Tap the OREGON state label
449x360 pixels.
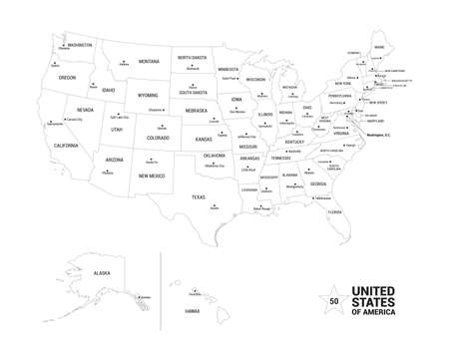click(x=67, y=77)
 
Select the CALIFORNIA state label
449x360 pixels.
click(x=66, y=146)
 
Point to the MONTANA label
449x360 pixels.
click(x=149, y=62)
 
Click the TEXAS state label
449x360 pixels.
click(x=199, y=196)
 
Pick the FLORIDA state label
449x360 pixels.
click(x=334, y=211)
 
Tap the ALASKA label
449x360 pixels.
click(x=102, y=272)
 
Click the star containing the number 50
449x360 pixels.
click(x=332, y=299)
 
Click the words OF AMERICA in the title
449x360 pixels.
click(x=372, y=312)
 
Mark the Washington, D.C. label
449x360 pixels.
click(x=378, y=134)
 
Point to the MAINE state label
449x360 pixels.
click(x=379, y=47)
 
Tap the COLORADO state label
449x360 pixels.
click(x=158, y=138)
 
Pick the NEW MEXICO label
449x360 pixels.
click(x=152, y=176)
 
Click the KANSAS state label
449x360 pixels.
click(x=203, y=140)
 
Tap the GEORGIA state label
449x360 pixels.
click(x=317, y=183)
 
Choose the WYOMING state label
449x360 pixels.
click(x=148, y=96)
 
